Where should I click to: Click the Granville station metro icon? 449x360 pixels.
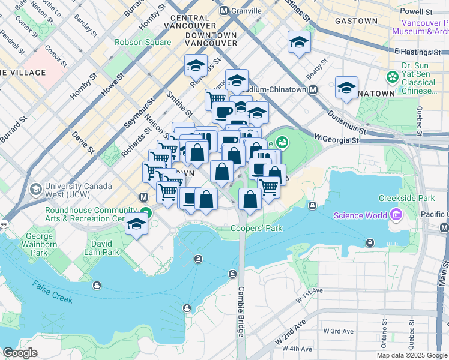pyautogui.click(x=224, y=11)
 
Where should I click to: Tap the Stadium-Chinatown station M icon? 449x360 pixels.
pyautogui.click(x=313, y=90)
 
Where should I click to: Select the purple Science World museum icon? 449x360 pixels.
pyautogui.click(x=395, y=214)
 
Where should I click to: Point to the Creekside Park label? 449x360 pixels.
pyautogui.click(x=406, y=198)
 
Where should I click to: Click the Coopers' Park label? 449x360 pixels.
pyautogui.click(x=256, y=229)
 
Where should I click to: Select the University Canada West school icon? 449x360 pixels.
pyautogui.click(x=35, y=189)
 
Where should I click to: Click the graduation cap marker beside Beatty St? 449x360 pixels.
pyautogui.click(x=298, y=42)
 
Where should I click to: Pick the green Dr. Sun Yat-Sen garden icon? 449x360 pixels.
pyautogui.click(x=393, y=77)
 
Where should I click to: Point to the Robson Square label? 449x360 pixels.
pyautogui.click(x=143, y=43)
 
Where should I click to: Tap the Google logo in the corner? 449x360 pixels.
pyautogui.click(x=20, y=353)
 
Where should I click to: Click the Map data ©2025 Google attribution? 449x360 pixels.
pyautogui.click(x=411, y=355)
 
